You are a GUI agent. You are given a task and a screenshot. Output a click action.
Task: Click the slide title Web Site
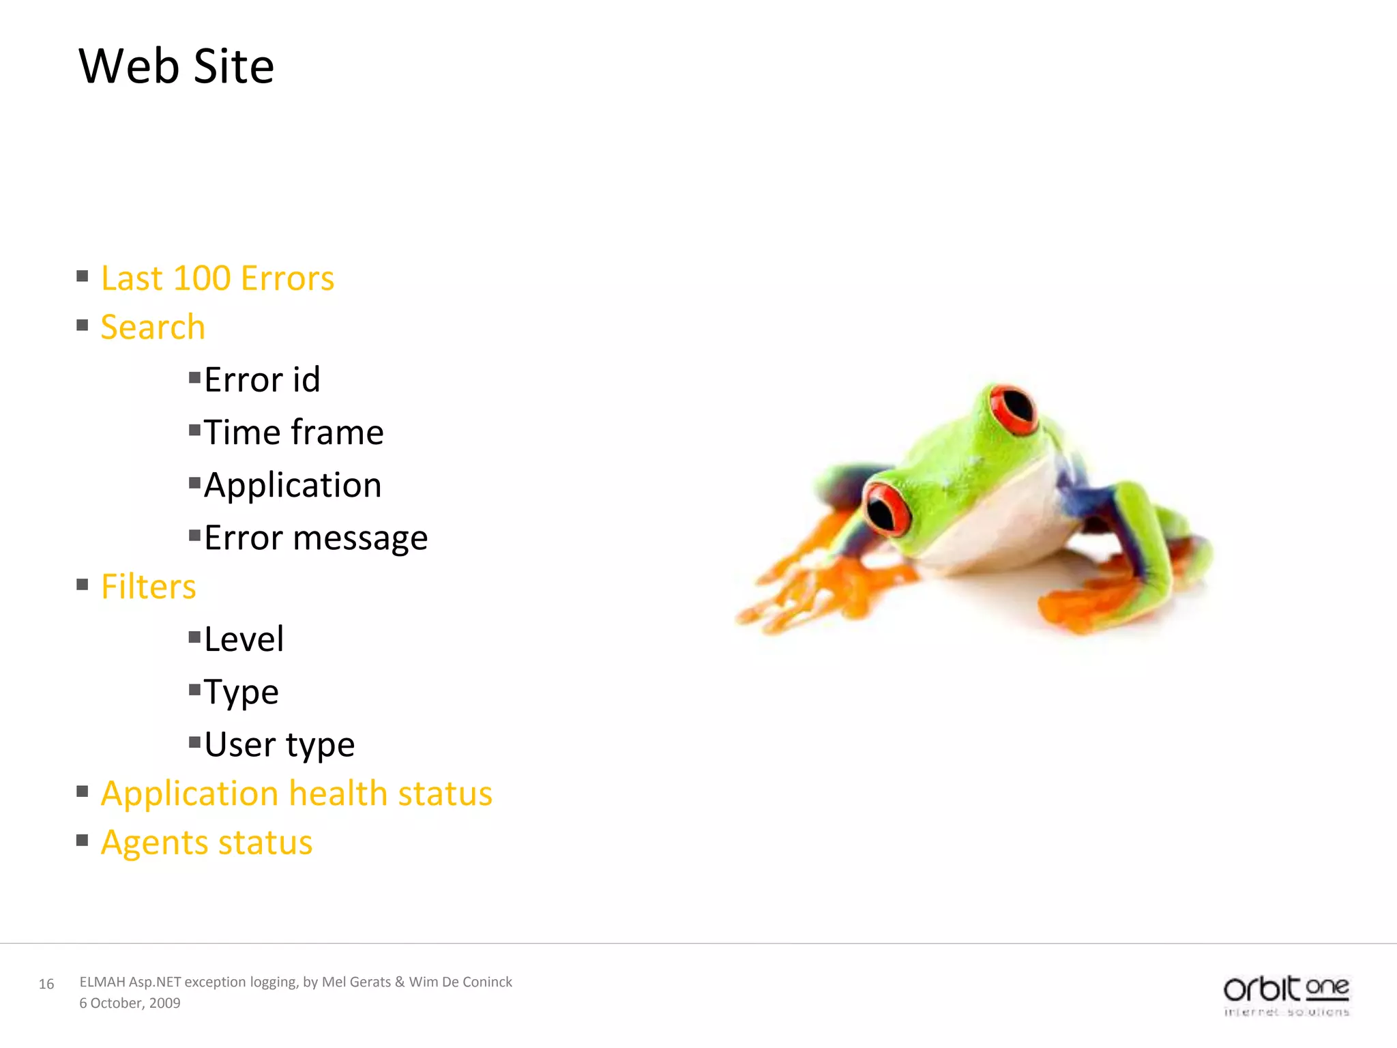tap(176, 66)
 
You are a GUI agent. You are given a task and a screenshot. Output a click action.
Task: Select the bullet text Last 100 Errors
tap(217, 278)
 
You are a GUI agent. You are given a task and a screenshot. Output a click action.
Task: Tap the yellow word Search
tap(153, 327)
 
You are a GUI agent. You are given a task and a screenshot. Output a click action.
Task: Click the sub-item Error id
tap(262, 380)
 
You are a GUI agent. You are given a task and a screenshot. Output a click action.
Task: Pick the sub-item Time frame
tap(293, 433)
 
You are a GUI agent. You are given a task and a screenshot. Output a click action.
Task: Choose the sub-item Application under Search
tap(292, 485)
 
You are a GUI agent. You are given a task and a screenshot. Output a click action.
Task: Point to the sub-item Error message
tap(315, 538)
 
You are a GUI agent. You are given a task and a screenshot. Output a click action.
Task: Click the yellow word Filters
tap(148, 587)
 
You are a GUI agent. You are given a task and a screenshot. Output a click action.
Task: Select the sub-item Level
tap(244, 639)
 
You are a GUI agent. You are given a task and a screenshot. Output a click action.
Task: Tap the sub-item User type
tap(279, 744)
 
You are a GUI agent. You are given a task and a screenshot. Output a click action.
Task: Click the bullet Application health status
tap(296, 794)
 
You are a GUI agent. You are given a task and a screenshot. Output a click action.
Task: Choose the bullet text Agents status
tap(206, 843)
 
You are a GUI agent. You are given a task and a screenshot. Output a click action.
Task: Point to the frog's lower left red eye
tap(887, 509)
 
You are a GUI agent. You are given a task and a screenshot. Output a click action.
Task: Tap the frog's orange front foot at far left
tap(784, 600)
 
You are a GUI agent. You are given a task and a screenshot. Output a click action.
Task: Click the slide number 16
tap(46, 984)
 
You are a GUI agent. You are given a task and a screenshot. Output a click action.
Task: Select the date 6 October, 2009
tap(130, 1003)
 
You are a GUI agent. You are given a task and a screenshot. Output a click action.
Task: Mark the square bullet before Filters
tap(83, 585)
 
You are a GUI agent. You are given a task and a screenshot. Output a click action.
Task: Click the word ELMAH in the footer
tap(102, 982)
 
